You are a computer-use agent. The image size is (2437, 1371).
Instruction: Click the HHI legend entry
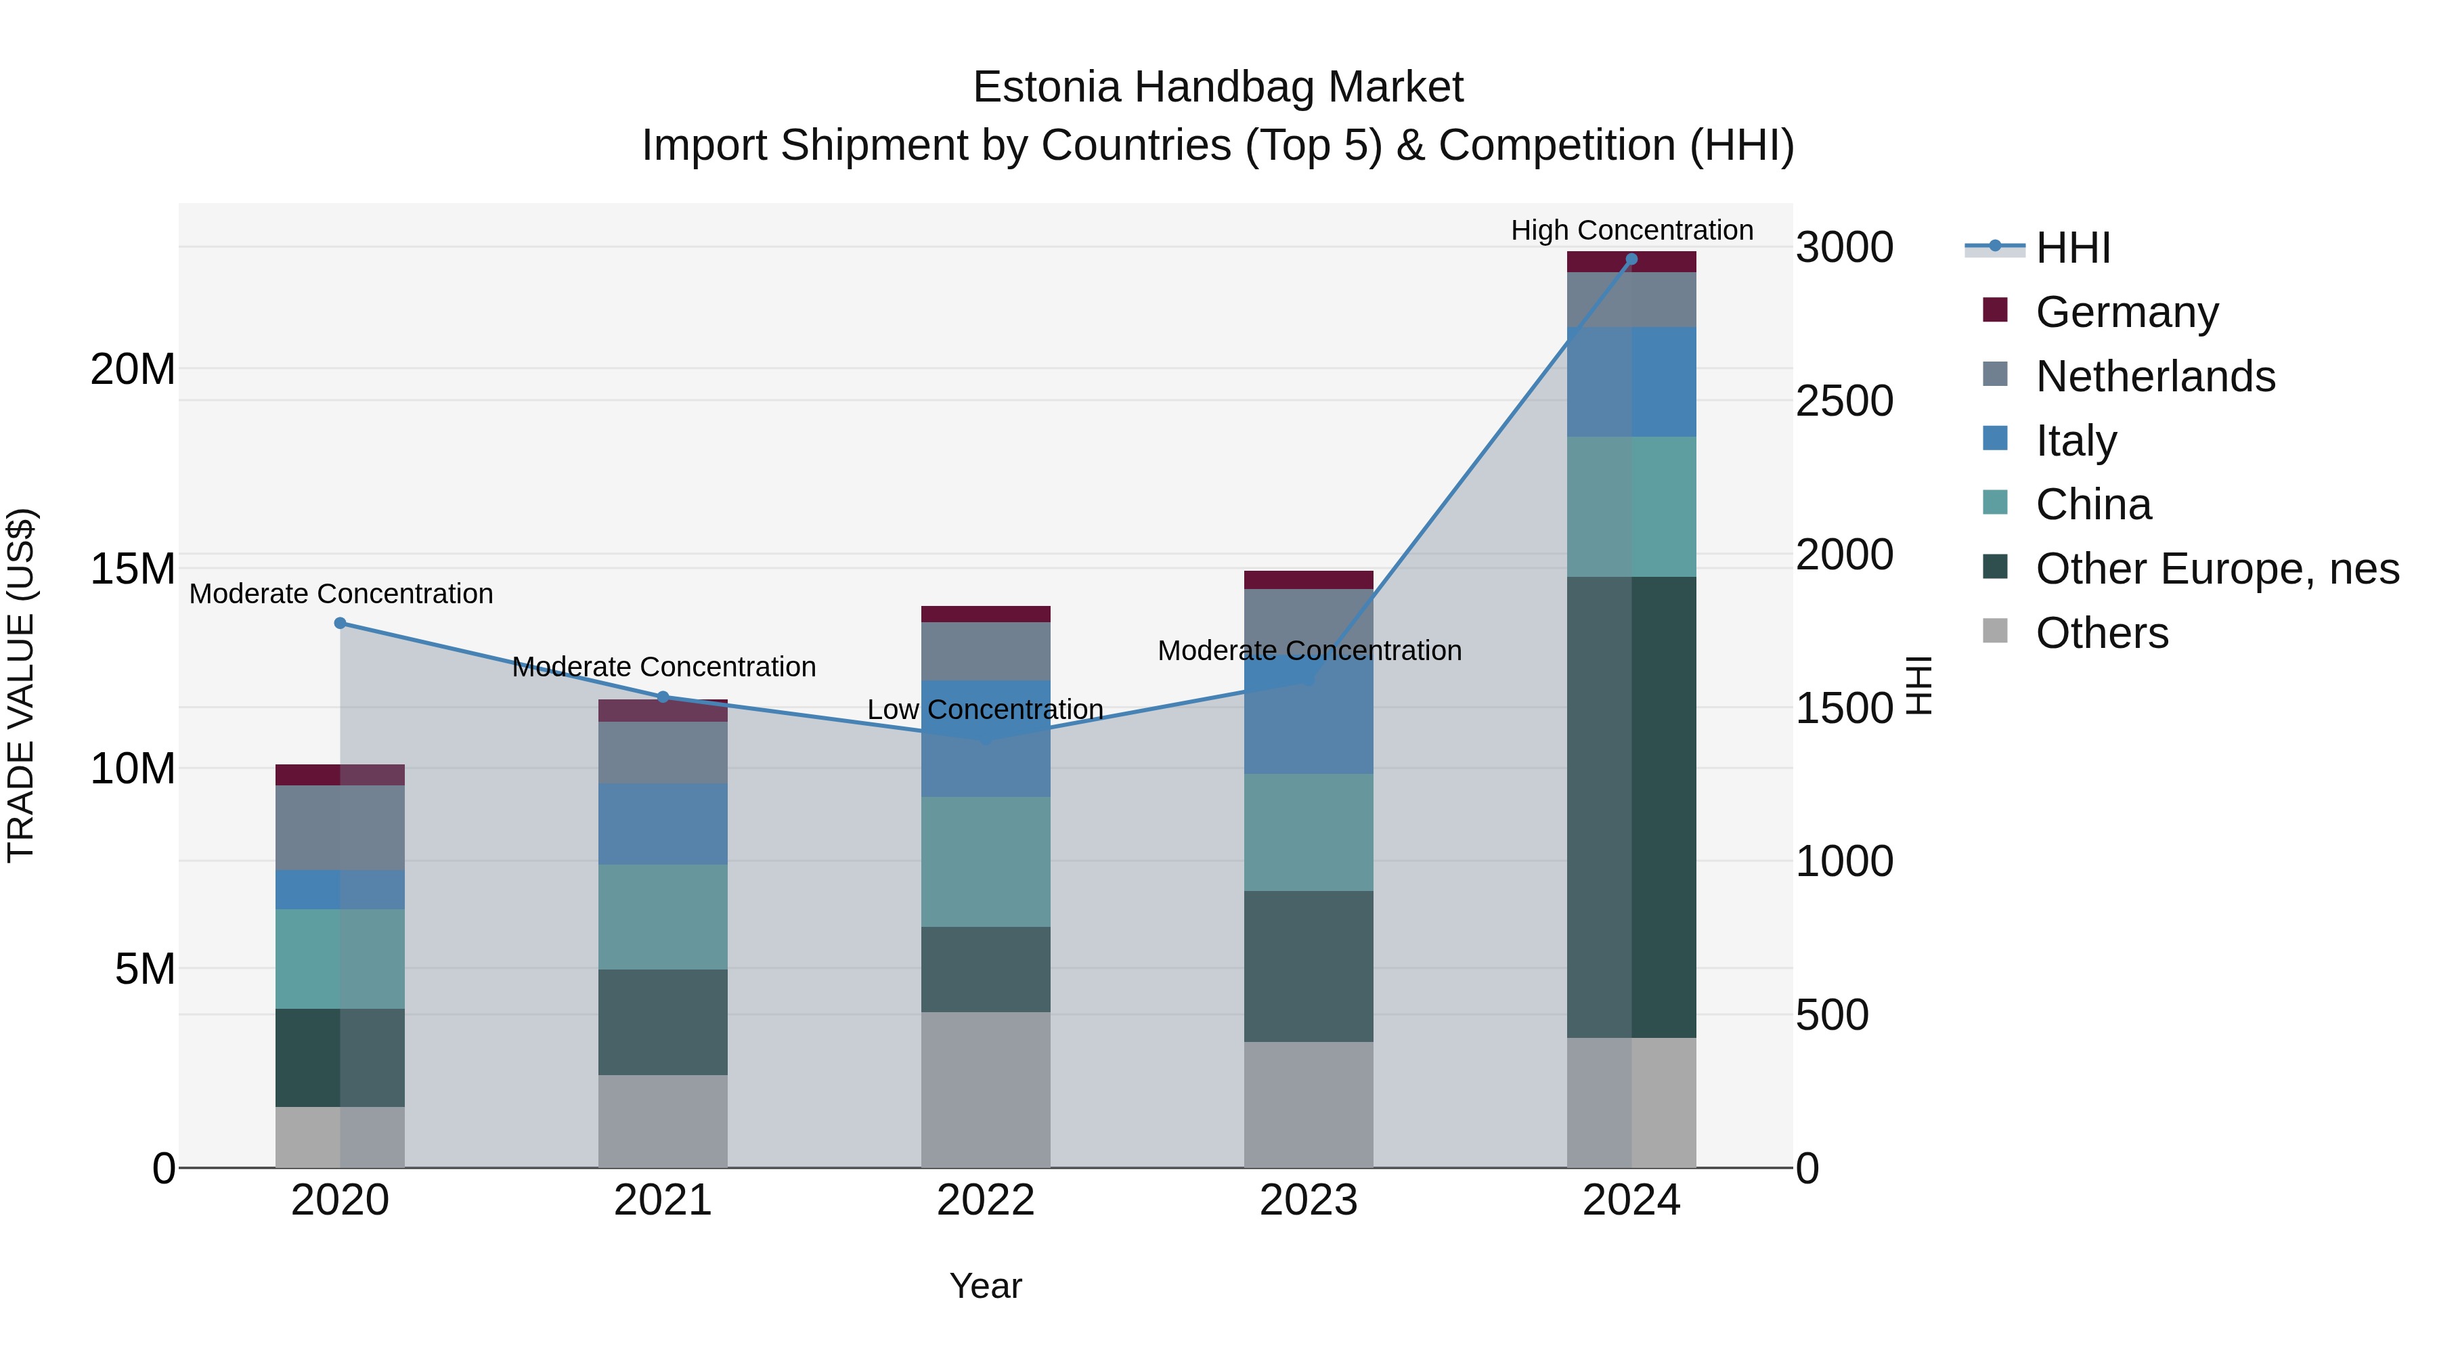(x=2072, y=248)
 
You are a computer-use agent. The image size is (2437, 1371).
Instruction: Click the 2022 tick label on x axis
(x=985, y=1200)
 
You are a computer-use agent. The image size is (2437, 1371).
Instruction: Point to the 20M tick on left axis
(x=133, y=369)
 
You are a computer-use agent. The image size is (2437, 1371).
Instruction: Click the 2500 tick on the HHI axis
(x=1844, y=401)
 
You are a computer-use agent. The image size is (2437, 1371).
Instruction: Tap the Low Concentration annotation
(x=985, y=710)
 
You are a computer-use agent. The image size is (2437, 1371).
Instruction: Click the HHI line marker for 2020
(x=341, y=623)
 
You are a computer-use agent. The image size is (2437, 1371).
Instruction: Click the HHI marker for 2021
(x=663, y=697)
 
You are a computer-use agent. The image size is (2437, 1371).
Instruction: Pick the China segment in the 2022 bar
(x=985, y=861)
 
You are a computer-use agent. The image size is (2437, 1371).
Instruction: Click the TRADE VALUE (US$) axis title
(x=21, y=685)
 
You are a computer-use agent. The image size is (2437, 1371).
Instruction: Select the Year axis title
(x=985, y=1286)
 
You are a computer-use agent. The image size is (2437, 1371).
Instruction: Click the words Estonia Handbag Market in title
(x=1218, y=88)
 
